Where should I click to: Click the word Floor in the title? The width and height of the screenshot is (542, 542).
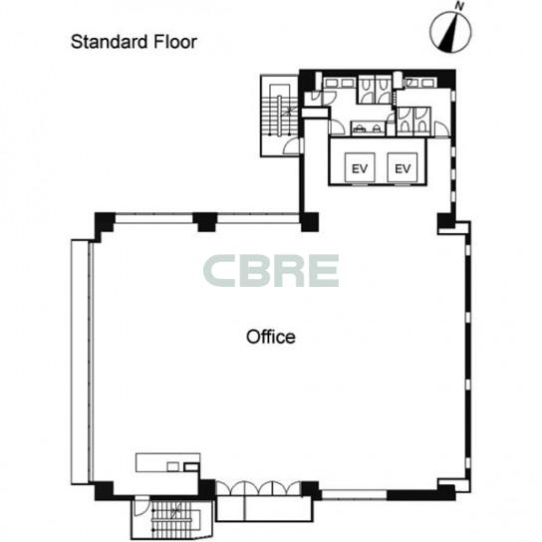click(x=175, y=42)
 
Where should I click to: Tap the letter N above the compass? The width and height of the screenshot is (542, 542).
click(x=459, y=6)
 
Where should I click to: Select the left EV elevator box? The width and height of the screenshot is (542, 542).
click(x=360, y=167)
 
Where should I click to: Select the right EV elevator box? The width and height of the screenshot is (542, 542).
click(x=403, y=167)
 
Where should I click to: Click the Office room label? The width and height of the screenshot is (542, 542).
click(x=271, y=337)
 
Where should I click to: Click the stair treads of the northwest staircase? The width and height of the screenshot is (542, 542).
click(x=280, y=116)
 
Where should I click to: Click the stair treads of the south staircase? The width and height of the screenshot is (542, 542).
click(x=171, y=516)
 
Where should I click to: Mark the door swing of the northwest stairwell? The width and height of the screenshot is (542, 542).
click(x=291, y=146)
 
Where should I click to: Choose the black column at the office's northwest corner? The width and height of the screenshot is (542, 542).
click(x=104, y=224)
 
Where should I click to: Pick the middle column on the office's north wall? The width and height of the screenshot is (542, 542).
click(x=204, y=221)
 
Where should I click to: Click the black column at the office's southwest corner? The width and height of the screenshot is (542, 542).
click(x=104, y=490)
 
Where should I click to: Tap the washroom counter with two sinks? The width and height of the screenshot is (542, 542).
click(x=368, y=128)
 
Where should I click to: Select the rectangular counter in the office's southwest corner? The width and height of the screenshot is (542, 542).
click(x=167, y=462)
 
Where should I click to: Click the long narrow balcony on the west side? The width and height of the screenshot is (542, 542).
click(x=80, y=362)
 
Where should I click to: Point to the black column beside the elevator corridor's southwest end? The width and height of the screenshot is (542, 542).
click(x=310, y=222)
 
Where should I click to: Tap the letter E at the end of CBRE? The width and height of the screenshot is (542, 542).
click(x=323, y=271)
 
